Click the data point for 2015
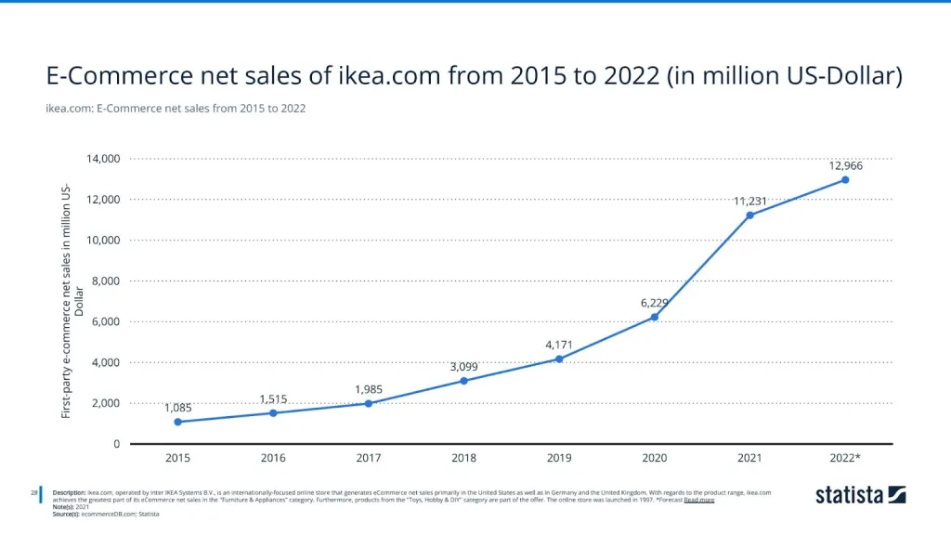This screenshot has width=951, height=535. pyautogui.click(x=177, y=422)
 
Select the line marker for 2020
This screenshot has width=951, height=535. pyautogui.click(x=654, y=317)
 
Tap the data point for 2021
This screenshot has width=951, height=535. pyautogui.click(x=749, y=215)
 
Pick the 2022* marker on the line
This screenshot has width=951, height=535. pyautogui.click(x=845, y=179)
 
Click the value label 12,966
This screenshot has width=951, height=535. pyautogui.click(x=845, y=165)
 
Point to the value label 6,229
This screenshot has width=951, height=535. pyautogui.click(x=654, y=303)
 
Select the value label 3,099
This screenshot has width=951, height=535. pyautogui.click(x=463, y=367)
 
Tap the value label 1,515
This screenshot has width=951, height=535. pyautogui.click(x=273, y=399)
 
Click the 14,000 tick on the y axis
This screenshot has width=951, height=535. pyautogui.click(x=104, y=159)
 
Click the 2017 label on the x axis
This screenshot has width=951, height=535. pyautogui.click(x=369, y=458)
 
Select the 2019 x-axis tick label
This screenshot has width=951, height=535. pyautogui.click(x=559, y=458)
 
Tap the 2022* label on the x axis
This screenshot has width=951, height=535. pyautogui.click(x=845, y=458)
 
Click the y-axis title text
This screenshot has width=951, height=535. pyautogui.click(x=72, y=302)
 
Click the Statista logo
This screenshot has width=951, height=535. pyautogui.click(x=860, y=495)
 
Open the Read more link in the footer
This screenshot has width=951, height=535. pyautogui.click(x=698, y=500)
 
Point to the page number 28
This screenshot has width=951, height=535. pyautogui.click(x=34, y=491)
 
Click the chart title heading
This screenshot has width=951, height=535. pyautogui.click(x=474, y=77)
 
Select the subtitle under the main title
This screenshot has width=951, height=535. pyautogui.click(x=176, y=109)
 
